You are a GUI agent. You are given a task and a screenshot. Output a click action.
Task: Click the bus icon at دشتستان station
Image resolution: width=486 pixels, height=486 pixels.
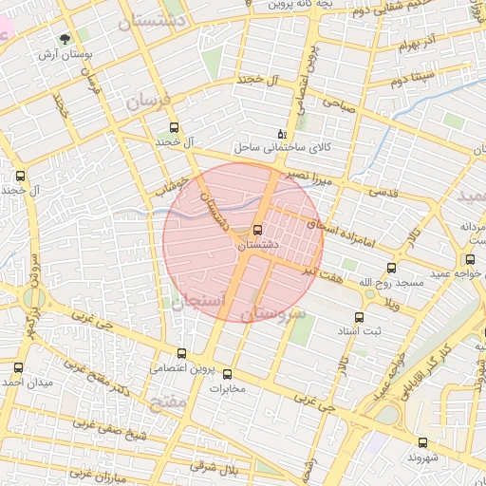click(x=258, y=230)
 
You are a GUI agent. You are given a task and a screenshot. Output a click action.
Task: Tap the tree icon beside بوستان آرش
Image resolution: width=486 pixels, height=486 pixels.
click(x=65, y=40)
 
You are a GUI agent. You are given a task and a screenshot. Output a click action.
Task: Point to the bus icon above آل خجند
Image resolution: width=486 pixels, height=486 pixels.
click(x=173, y=127)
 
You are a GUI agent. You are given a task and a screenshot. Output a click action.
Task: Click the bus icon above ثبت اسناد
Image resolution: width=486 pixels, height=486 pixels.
click(x=359, y=318)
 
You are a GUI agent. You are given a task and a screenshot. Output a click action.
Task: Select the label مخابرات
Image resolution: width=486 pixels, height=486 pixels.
click(x=226, y=388)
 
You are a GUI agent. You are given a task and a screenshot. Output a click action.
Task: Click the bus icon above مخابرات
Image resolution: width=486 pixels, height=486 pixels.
click(x=226, y=373)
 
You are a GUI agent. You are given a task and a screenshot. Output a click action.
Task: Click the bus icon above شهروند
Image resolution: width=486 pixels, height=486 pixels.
click(x=422, y=442)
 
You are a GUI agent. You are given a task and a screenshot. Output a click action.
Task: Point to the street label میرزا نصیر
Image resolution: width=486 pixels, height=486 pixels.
click(x=310, y=178)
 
